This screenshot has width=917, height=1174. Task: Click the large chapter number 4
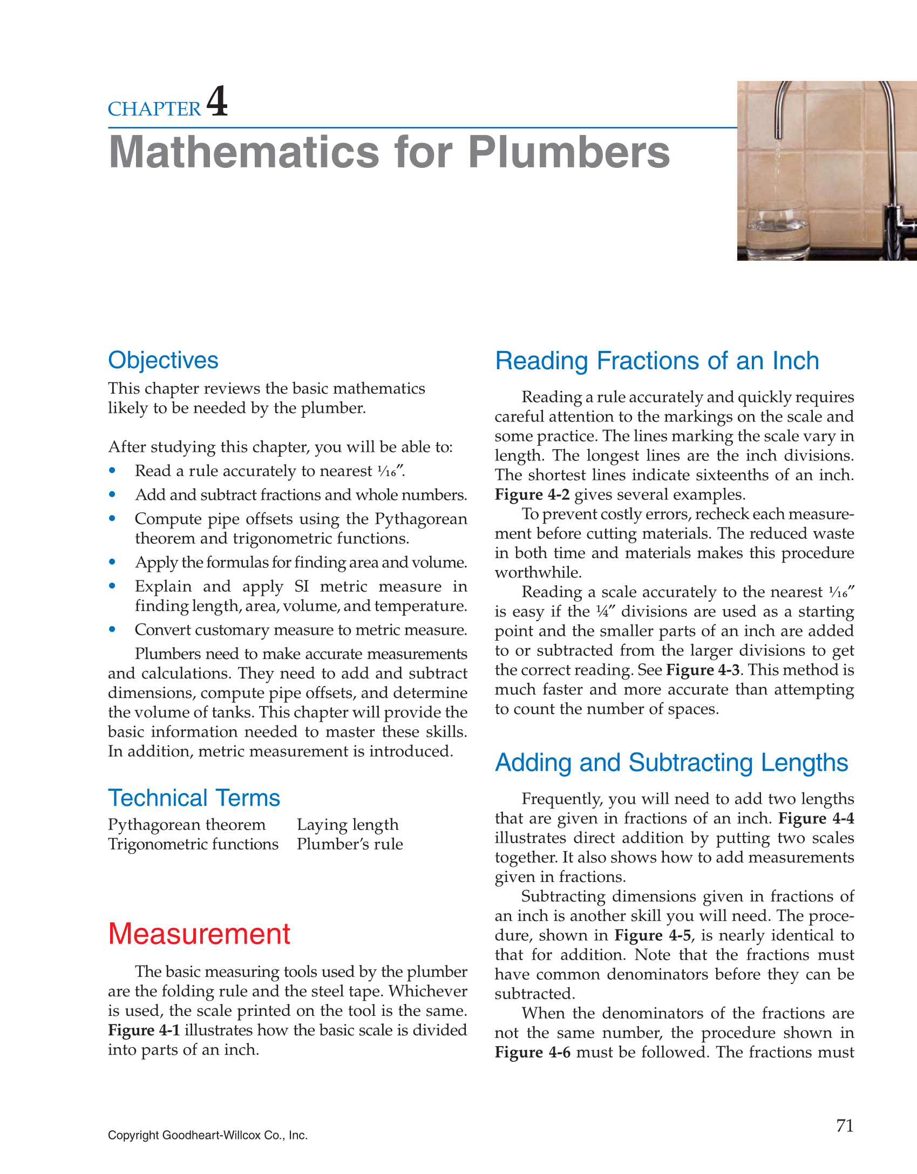click(217, 101)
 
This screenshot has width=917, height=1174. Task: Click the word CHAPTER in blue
click(154, 109)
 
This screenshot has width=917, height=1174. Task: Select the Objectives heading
click(163, 360)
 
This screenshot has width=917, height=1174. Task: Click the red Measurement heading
click(199, 934)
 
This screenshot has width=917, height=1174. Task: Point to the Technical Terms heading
click(194, 798)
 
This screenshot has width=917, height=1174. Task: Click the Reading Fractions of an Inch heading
click(657, 361)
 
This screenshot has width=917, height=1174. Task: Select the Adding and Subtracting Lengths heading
click(671, 763)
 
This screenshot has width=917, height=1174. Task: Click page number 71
click(845, 1125)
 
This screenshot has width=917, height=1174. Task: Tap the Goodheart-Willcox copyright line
click(208, 1135)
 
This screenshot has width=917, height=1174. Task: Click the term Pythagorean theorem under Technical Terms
click(187, 825)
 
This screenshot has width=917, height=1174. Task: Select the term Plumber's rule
click(350, 844)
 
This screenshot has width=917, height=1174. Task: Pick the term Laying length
click(348, 825)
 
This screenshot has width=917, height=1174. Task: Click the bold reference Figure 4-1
click(144, 1030)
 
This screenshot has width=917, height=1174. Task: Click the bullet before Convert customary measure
click(112, 629)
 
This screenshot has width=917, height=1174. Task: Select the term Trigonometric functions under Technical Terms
click(193, 844)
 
